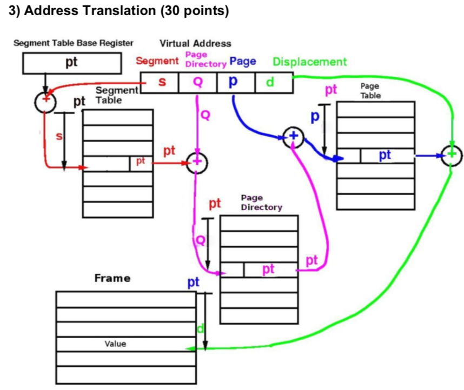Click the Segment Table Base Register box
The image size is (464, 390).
coord(71,63)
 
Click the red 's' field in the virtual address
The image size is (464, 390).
coord(161,82)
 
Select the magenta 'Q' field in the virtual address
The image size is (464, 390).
coord(197,82)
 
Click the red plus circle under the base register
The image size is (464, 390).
coord(44,101)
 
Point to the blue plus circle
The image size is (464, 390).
coord(293,137)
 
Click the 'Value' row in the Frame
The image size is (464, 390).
coord(125,344)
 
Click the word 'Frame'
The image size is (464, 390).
coord(112,278)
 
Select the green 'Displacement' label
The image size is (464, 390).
coord(309,62)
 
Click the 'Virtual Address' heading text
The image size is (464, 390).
coord(195,43)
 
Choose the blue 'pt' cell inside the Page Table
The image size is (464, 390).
coord(386,156)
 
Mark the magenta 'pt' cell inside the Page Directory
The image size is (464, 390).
coord(269,269)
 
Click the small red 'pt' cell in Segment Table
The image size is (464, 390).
coord(141,162)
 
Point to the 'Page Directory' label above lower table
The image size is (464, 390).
coord(261,203)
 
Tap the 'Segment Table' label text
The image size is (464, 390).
coord(112,96)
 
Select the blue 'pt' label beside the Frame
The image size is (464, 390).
coord(193,282)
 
